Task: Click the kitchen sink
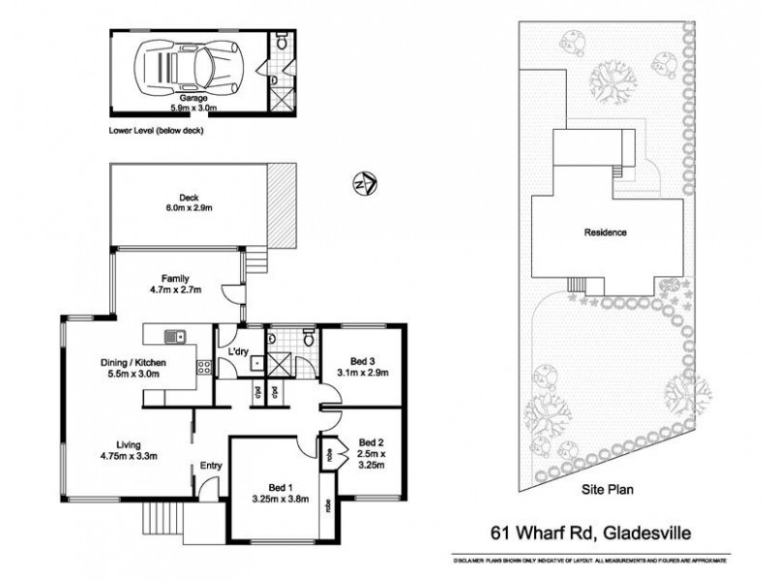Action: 175,336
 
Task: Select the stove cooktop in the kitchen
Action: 204,367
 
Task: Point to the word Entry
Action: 211,466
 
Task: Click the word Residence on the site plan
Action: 605,232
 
